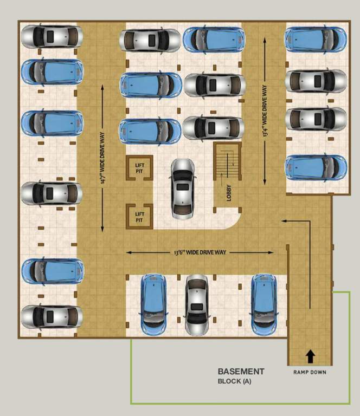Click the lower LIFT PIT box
pos(139,217)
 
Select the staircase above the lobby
pos(227,161)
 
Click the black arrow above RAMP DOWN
pos(310,356)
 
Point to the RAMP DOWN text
pos(310,372)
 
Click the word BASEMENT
pos(241,372)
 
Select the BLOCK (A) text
pos(235,381)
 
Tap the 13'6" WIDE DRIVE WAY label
pos(200,252)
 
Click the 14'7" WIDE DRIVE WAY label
pos(102,158)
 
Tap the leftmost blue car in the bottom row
pos(153,304)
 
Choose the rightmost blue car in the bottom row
pos(264,304)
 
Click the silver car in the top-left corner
pos(52,36)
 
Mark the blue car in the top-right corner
pos(316,38)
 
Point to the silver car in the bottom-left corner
pos(52,317)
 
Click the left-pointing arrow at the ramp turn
pos(295,221)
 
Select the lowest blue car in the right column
pos(316,167)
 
